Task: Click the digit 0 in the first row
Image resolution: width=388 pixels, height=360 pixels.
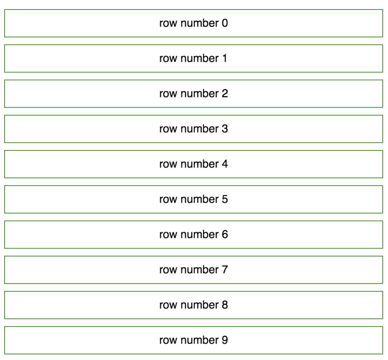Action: (x=225, y=23)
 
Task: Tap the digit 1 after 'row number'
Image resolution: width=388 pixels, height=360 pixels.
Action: (x=225, y=59)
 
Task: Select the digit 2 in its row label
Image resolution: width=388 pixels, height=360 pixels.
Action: (x=225, y=94)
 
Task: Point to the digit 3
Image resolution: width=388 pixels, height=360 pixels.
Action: (x=225, y=129)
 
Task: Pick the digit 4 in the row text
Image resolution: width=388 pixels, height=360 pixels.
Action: (x=225, y=164)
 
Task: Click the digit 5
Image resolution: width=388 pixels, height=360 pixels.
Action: (x=225, y=200)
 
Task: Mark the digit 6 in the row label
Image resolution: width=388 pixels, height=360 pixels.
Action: (x=225, y=235)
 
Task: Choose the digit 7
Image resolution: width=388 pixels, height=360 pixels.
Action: (x=225, y=270)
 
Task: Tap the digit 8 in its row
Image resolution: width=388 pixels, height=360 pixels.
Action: (x=225, y=305)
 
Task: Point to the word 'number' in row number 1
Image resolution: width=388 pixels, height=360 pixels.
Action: (x=200, y=59)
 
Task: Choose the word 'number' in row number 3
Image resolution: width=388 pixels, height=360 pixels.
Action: (x=200, y=129)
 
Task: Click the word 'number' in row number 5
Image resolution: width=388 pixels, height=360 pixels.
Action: (x=200, y=200)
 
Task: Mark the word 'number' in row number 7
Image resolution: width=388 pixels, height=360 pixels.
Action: (x=200, y=270)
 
